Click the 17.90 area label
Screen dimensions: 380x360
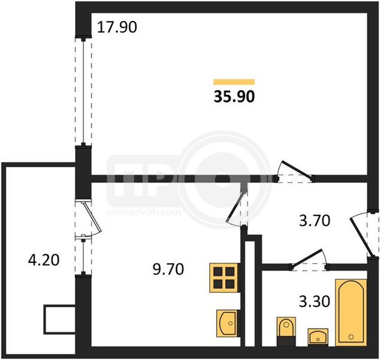click(117, 27)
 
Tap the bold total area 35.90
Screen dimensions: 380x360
click(234, 97)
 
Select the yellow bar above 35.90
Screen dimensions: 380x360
click(234, 82)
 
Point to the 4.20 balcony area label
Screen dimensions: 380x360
click(44, 260)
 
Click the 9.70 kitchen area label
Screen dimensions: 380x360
click(169, 269)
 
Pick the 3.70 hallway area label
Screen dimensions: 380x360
click(314, 221)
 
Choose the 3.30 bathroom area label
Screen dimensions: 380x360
click(314, 301)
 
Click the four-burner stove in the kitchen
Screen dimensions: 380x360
click(224, 278)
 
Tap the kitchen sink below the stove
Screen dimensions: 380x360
click(227, 323)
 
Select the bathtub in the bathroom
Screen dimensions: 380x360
click(351, 313)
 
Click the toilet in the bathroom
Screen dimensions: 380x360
click(286, 331)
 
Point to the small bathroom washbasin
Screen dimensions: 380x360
click(318, 337)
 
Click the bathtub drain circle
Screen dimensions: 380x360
click(351, 337)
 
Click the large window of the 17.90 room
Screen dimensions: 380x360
click(83, 92)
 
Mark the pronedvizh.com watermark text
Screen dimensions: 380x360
click(144, 212)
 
